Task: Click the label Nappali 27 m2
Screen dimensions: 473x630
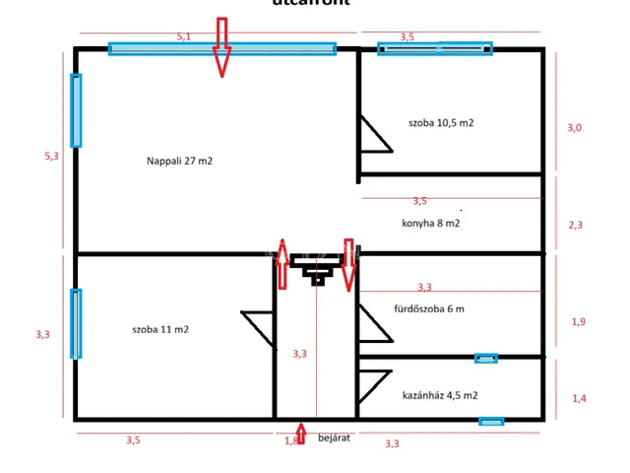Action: coord(180,160)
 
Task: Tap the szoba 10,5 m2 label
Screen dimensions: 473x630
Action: coord(441,123)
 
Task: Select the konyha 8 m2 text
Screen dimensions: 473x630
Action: coord(431,223)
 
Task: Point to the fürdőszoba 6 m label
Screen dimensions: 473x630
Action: coord(429,309)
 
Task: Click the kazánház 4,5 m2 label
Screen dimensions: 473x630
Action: coord(440,395)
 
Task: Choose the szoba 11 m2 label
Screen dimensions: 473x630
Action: coord(159,329)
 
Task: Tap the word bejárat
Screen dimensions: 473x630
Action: coord(335,437)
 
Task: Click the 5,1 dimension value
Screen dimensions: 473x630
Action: coord(184,36)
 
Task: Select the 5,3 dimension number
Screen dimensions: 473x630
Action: coord(52,155)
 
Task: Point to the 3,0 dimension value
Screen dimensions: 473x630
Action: coord(575,128)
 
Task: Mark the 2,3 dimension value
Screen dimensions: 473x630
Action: coord(577,224)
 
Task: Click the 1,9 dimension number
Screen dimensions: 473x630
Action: coord(579,321)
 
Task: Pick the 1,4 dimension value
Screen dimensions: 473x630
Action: coord(579,398)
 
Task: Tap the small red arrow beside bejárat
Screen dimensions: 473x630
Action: coord(301,436)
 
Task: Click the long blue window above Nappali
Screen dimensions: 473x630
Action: coord(221,47)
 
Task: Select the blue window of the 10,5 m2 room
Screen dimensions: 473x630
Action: coord(434,46)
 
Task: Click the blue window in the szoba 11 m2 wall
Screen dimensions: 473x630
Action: coord(76,323)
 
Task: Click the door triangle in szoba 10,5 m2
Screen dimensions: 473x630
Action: coord(373,136)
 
